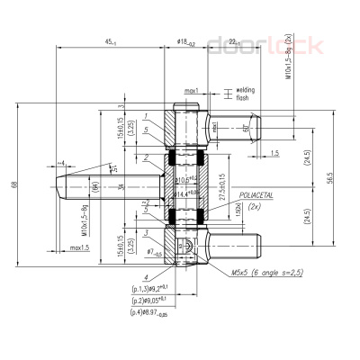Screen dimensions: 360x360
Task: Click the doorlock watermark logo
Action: click(x=246, y=41)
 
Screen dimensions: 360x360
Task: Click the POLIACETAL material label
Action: click(x=256, y=194)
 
